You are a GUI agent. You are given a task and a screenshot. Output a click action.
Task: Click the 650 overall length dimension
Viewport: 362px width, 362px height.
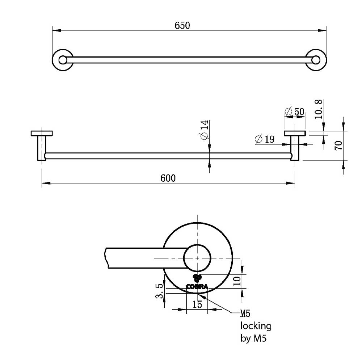click(182, 25)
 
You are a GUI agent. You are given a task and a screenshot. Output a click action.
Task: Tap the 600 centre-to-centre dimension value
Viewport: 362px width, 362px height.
click(168, 178)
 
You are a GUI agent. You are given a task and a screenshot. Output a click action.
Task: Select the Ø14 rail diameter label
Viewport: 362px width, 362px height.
click(205, 130)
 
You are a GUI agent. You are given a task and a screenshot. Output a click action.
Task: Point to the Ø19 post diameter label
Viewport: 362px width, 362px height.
click(265, 139)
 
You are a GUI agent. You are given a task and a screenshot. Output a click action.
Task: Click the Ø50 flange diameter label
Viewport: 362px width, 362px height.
click(294, 111)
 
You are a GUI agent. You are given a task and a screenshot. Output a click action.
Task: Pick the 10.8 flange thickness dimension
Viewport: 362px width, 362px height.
click(318, 109)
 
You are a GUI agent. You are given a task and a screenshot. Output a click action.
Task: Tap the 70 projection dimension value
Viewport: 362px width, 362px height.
click(338, 146)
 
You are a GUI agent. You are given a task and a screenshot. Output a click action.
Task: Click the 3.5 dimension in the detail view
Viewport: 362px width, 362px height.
click(159, 291)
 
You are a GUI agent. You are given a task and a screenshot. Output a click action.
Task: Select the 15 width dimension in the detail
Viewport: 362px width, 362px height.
click(197, 304)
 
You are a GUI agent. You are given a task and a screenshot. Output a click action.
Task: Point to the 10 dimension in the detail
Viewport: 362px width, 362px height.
click(237, 281)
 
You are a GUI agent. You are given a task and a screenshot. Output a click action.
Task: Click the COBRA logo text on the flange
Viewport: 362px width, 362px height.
click(197, 287)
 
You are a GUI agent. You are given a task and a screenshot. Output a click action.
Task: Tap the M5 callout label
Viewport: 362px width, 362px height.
click(245, 313)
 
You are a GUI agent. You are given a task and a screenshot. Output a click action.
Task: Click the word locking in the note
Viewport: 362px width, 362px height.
click(256, 326)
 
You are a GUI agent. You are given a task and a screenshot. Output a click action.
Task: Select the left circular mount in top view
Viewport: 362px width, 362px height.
click(52, 60)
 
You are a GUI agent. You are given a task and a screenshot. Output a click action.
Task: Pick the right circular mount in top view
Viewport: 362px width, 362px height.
click(326, 60)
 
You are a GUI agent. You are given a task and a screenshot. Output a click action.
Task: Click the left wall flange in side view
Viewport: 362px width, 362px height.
click(42, 133)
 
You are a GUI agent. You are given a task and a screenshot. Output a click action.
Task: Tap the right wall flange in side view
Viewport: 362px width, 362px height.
click(295, 133)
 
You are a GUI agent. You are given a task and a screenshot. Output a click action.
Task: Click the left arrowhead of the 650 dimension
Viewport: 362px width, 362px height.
click(56, 30)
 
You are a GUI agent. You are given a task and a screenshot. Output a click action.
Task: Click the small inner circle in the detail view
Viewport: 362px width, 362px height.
click(184, 258)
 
